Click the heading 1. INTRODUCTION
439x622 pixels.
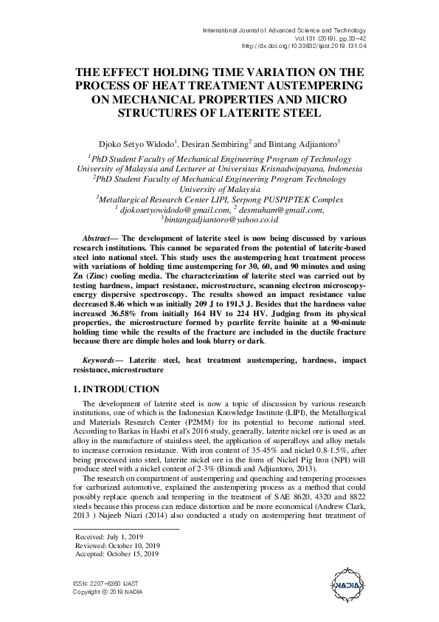tap(117, 389)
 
